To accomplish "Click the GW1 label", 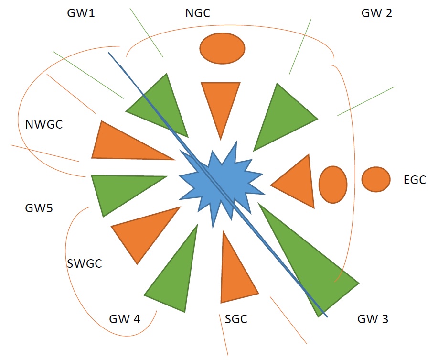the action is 81,13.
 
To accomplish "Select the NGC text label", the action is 198,13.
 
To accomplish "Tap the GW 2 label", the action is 376,13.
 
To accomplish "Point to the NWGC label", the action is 44,124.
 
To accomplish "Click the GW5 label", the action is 39,208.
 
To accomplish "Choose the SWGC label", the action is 85,263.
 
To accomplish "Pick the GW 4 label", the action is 125,319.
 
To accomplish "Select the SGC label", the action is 236,319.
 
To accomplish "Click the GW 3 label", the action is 373,319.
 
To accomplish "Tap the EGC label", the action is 415,180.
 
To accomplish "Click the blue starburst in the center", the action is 221,185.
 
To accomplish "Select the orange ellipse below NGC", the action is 223,48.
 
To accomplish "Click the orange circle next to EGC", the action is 376,179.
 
